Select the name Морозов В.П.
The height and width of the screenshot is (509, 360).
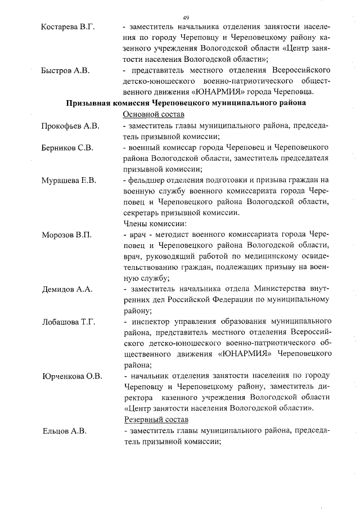pyautogui.click(x=66, y=235)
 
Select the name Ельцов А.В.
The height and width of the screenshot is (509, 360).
pyautogui.click(x=63, y=431)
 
